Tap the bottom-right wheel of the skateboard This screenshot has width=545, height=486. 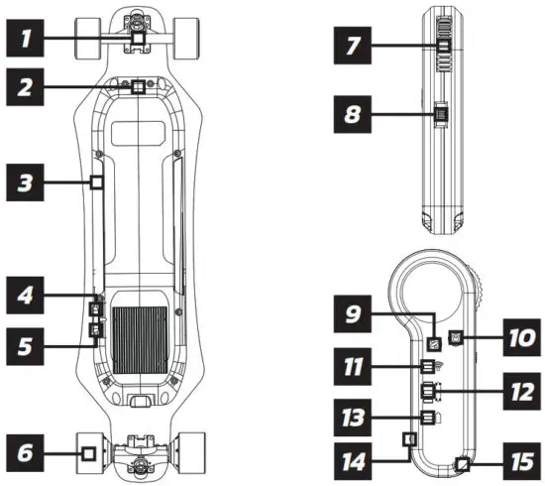tap(193, 452)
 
